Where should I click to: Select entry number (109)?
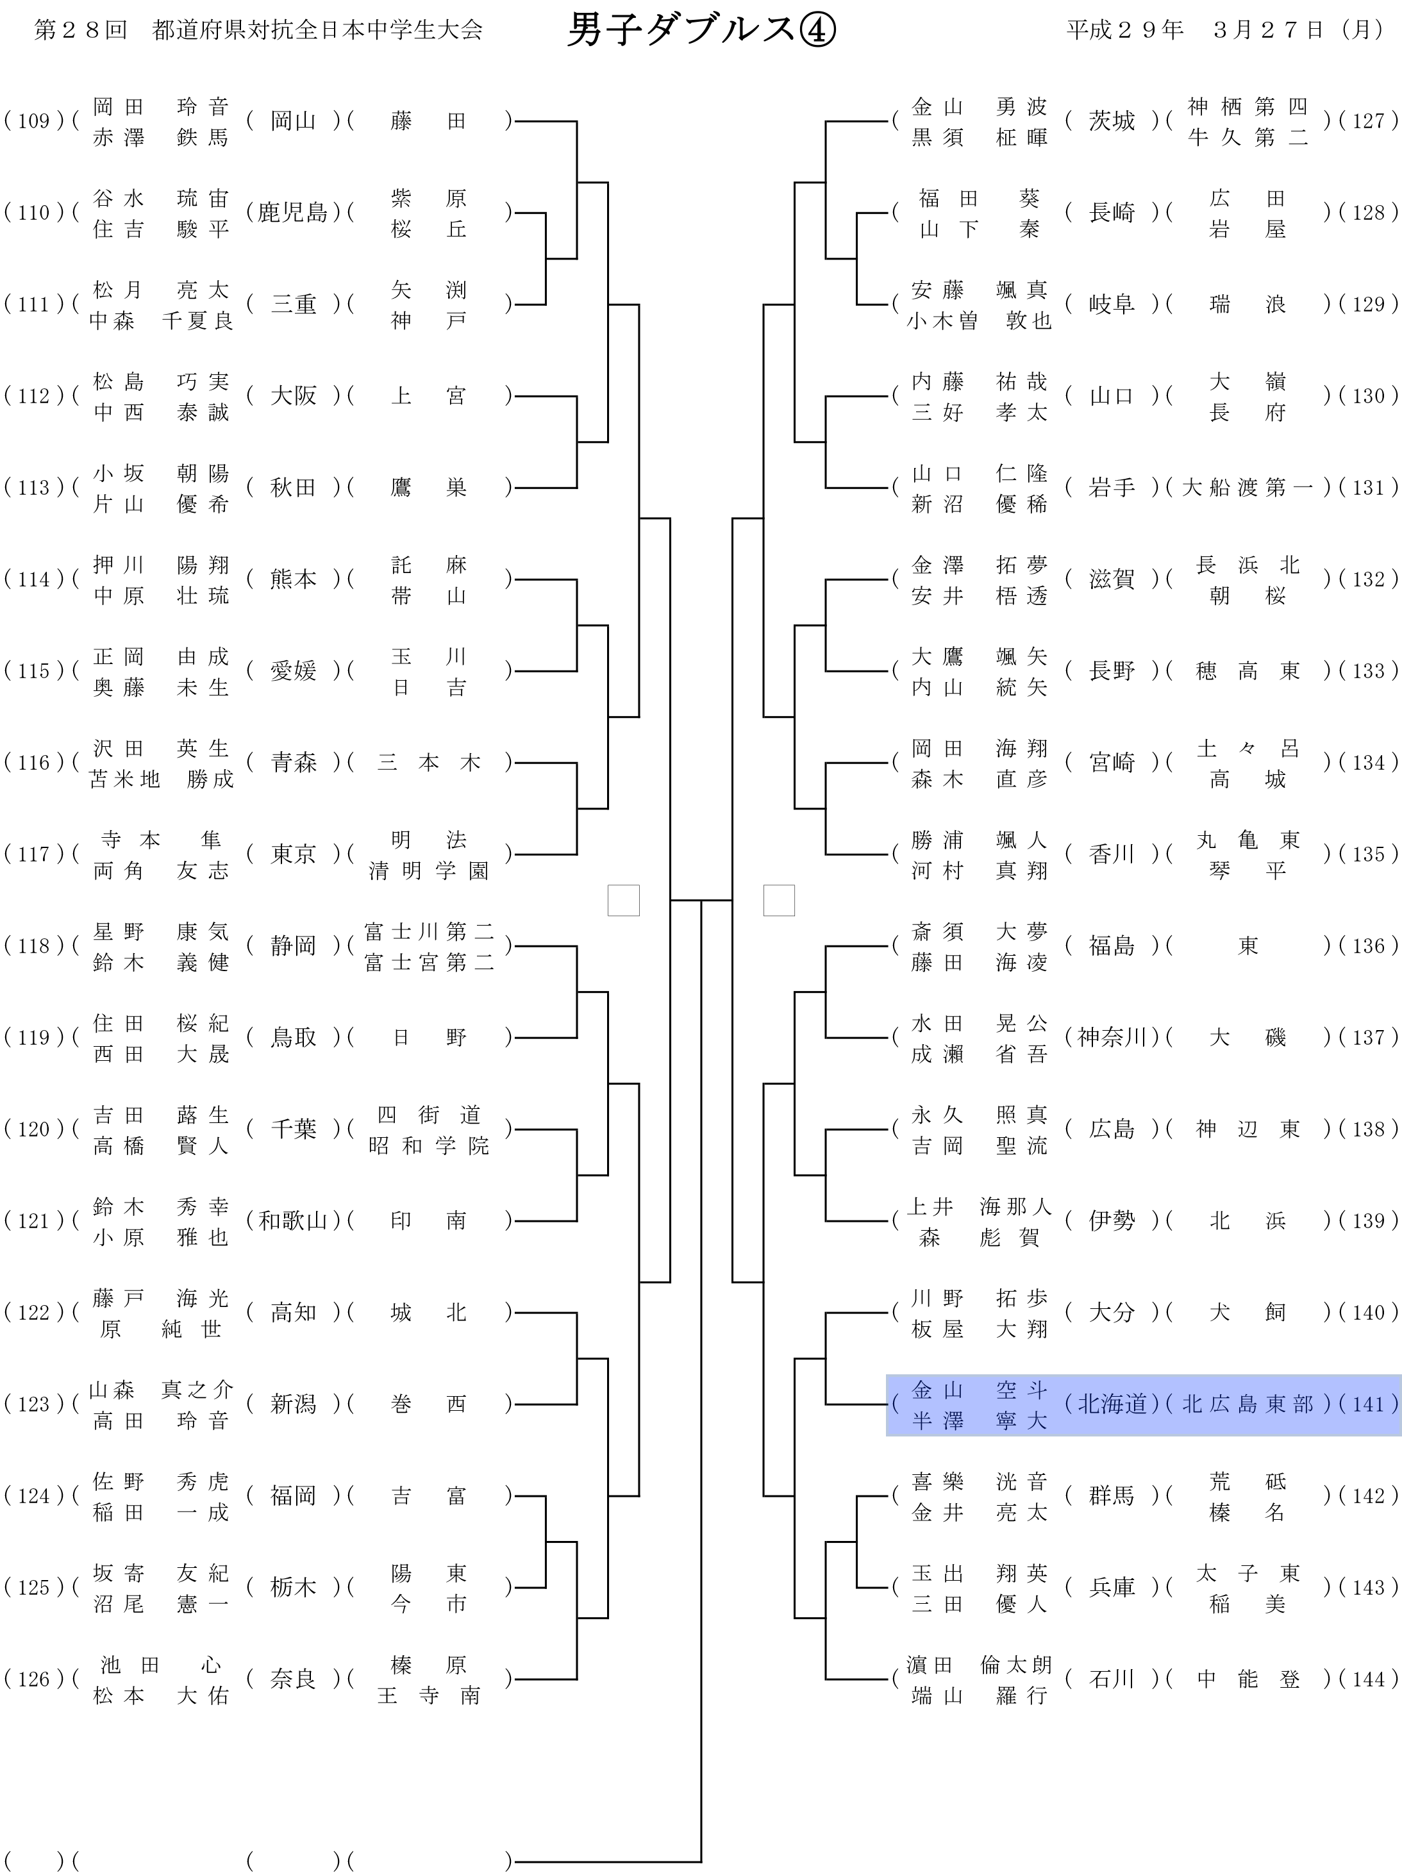tap(34, 121)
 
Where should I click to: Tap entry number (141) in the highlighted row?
tap(1367, 1404)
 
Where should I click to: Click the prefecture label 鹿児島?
tap(292, 213)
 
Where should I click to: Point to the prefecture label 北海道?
tap(1111, 1404)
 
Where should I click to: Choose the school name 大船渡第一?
tap(1247, 488)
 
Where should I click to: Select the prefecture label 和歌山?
tap(292, 1220)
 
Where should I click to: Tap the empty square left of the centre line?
tap(623, 900)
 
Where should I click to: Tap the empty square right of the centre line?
tap(779, 900)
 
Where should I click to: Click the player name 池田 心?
tap(160, 1665)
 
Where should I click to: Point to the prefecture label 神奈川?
tap(1111, 1037)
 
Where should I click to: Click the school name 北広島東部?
tap(1247, 1404)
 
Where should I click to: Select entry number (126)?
tap(34, 1679)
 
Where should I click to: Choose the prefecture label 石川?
tap(1111, 1679)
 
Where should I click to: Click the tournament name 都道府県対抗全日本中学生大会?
tap(317, 31)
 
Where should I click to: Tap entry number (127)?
tap(1367, 121)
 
